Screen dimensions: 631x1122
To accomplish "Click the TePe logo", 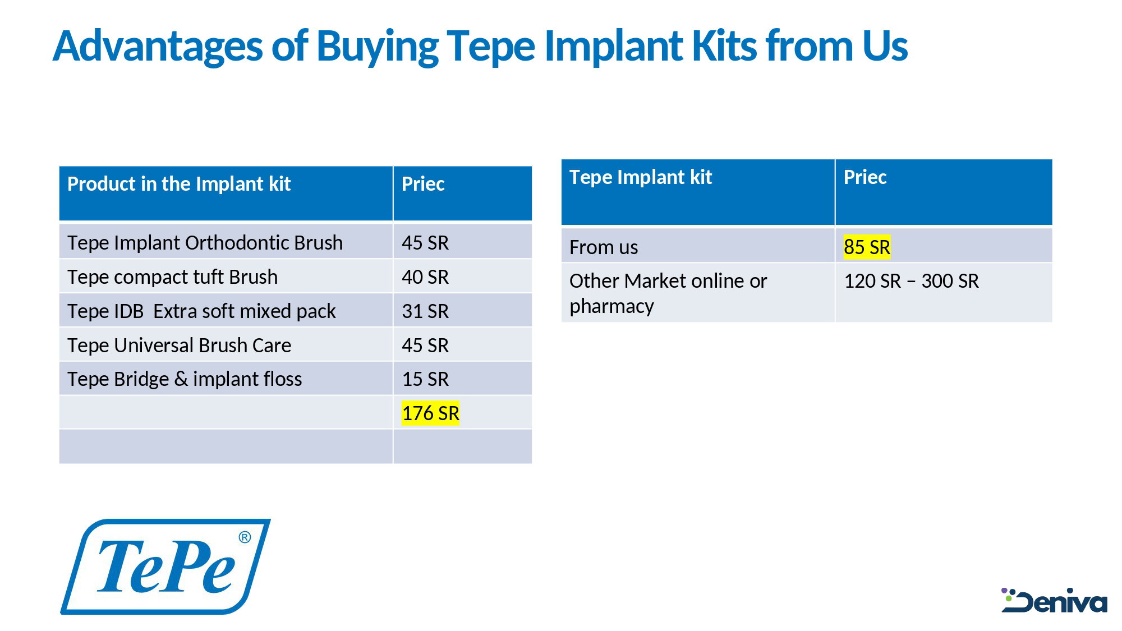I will [x=165, y=566].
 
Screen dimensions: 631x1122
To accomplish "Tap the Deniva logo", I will [x=1054, y=601].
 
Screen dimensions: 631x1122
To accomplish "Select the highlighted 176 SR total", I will [x=430, y=413].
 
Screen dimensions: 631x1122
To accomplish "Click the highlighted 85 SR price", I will [x=867, y=247].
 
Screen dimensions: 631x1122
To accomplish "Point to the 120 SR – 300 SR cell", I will [x=911, y=281].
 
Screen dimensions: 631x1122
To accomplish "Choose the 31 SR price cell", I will [x=425, y=311].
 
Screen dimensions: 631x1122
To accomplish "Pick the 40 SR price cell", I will [x=425, y=277].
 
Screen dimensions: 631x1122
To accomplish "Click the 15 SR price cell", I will [x=425, y=379].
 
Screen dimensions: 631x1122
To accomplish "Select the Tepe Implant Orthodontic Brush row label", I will [x=205, y=243].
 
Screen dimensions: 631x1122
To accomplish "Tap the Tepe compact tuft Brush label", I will [x=172, y=277].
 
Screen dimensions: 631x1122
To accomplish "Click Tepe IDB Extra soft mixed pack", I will [x=201, y=311].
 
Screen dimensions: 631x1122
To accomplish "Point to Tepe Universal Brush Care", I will [x=179, y=346].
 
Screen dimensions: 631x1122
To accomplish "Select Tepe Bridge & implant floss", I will [x=185, y=379].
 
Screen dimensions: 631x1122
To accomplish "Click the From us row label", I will [x=604, y=247].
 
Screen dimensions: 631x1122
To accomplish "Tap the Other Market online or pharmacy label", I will [x=668, y=293].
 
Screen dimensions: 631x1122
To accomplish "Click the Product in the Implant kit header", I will [x=179, y=184].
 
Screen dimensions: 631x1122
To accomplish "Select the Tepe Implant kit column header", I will [x=641, y=177].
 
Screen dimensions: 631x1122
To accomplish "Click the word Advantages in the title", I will [x=158, y=46].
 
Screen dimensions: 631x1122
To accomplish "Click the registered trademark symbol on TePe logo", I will [x=245, y=537].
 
